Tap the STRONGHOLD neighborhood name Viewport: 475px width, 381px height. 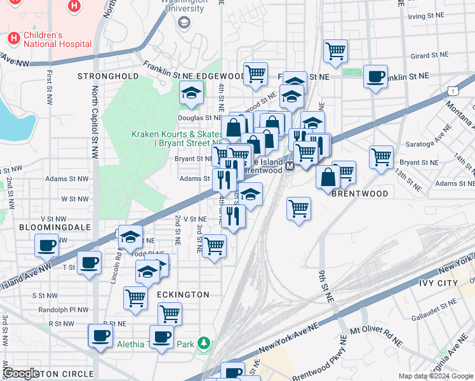click(x=108, y=76)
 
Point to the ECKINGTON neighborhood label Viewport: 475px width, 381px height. click(x=183, y=295)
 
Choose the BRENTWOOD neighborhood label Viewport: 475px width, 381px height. click(x=359, y=193)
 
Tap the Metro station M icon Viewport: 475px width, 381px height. click(x=289, y=166)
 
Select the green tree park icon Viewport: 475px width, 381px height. click(x=204, y=344)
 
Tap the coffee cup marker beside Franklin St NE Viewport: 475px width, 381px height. click(x=375, y=77)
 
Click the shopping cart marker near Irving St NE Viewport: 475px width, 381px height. click(x=335, y=51)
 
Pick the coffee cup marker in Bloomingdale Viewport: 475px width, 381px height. click(x=47, y=245)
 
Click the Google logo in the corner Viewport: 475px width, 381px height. click(x=22, y=373)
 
